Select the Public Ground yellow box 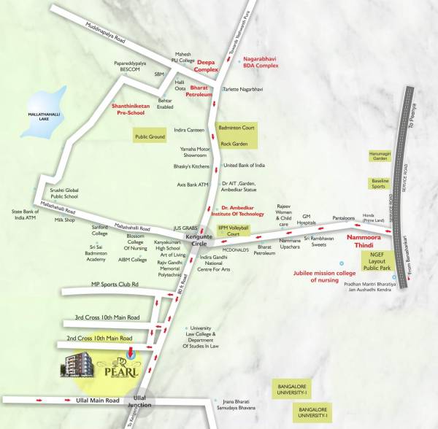point(151,135)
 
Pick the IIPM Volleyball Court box point(234,232)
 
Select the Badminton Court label point(237,128)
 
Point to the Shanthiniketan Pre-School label point(134,109)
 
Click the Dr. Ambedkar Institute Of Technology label point(242,210)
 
